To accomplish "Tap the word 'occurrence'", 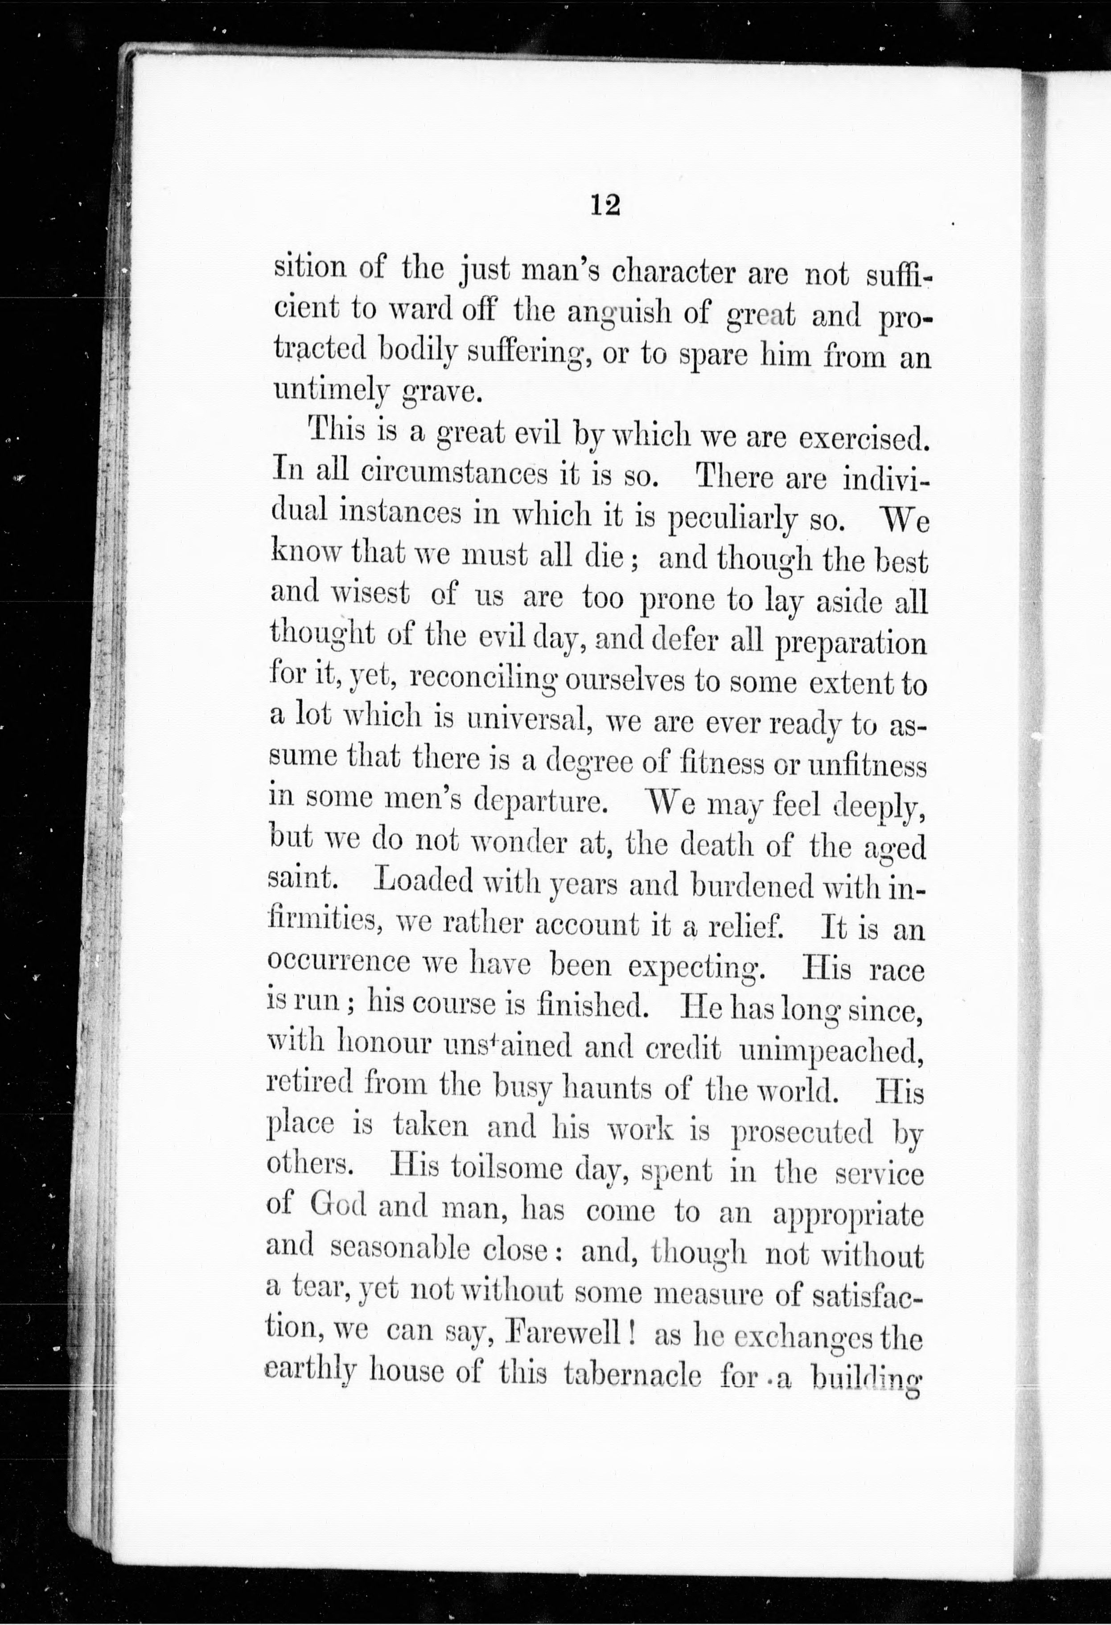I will pos(339,962).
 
